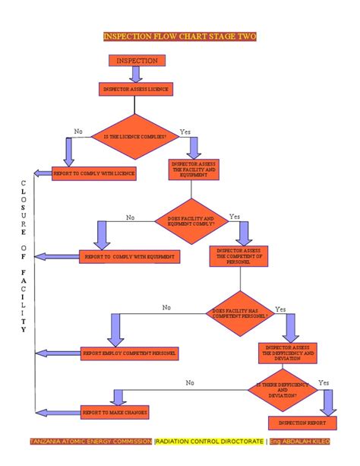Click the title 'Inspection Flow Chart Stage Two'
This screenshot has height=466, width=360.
(179, 36)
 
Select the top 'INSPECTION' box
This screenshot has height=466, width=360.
(137, 60)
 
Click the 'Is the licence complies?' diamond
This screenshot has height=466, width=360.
(135, 135)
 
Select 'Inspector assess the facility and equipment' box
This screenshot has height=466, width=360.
(194, 169)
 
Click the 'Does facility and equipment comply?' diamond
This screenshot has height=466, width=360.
(191, 221)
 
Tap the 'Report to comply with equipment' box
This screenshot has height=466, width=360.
(130, 257)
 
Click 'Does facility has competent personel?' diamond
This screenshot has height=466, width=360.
(240, 312)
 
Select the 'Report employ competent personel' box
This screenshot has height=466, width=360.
(130, 353)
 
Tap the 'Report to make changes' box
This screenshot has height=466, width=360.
(115, 412)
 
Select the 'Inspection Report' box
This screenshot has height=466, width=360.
(302, 422)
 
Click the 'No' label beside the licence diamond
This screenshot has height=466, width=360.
(78, 132)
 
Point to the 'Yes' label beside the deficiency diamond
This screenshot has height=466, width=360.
(324, 382)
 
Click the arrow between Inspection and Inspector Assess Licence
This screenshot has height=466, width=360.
(137, 74)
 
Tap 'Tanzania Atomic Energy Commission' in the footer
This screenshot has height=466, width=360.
(90, 442)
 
